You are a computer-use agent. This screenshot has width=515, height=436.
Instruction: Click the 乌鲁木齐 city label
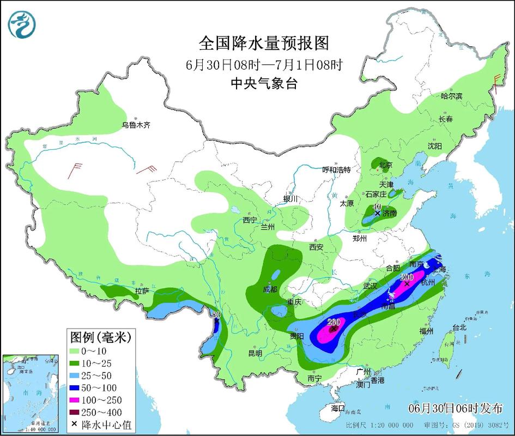coord(136,125)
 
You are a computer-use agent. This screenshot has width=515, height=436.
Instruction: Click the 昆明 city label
coord(255,353)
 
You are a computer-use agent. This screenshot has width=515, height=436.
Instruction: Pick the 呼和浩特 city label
coord(336,169)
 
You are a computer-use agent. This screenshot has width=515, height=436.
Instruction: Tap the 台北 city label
coord(459,328)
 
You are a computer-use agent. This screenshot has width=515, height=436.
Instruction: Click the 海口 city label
coord(338,408)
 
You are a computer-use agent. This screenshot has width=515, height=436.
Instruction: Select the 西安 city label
coord(316,247)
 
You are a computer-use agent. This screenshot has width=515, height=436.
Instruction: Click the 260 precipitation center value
coord(334,322)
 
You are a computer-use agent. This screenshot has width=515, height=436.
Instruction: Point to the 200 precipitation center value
coord(406,277)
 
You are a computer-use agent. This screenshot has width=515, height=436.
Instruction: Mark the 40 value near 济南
coord(376,207)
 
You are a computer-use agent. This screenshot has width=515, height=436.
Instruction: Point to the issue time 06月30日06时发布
coord(456,408)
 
